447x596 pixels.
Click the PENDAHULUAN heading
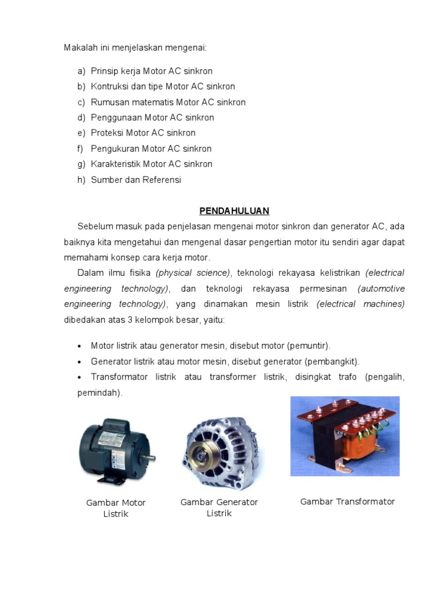(x=234, y=210)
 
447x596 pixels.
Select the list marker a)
(x=81, y=71)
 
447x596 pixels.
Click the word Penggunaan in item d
(x=115, y=118)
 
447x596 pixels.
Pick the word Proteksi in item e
(x=107, y=133)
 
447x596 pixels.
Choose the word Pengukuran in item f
(x=114, y=148)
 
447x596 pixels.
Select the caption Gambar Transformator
(x=347, y=502)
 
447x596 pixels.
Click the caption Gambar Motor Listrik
(x=116, y=508)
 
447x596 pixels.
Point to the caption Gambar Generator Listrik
(x=219, y=508)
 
